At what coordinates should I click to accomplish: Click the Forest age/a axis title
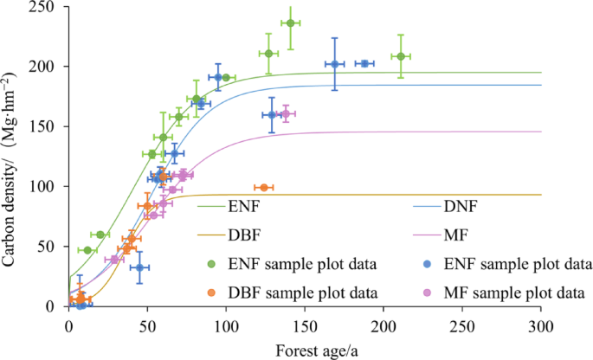point(305,349)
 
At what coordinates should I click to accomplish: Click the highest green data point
point(290,23)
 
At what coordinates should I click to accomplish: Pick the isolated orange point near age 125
point(264,188)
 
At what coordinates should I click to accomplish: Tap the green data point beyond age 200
point(400,56)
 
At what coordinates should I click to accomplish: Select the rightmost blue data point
point(364,63)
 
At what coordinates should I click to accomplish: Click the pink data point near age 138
point(286,113)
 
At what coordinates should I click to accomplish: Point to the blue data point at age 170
point(335,64)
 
